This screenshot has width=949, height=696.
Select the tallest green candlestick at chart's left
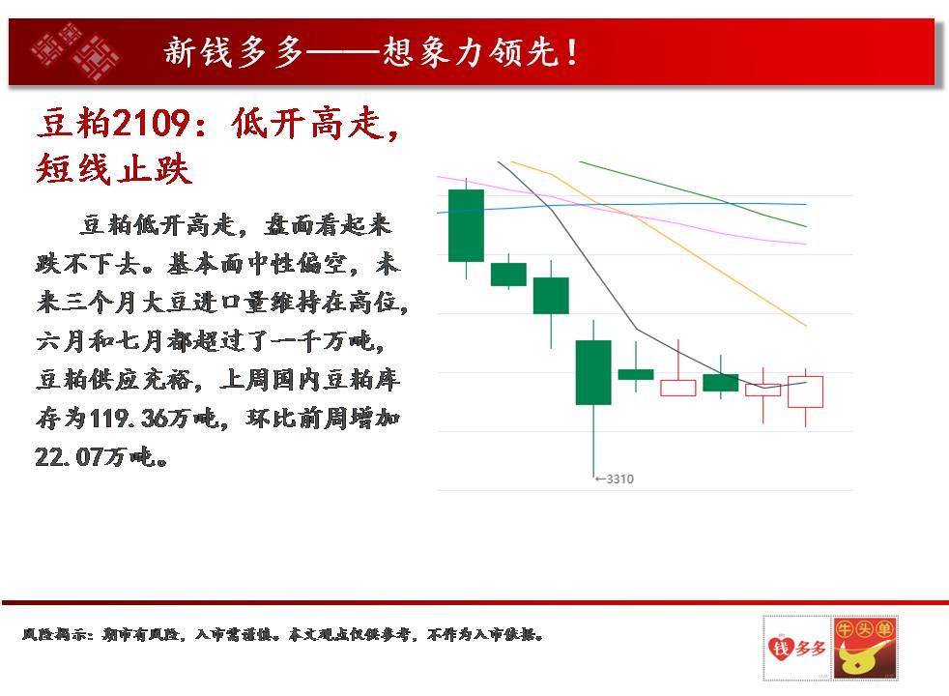466,225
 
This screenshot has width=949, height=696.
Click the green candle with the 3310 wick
593,372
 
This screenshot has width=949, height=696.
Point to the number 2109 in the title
152,123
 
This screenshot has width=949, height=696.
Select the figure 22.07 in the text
68,457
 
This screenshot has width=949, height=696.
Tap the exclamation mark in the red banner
571,52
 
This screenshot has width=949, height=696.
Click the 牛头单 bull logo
865,649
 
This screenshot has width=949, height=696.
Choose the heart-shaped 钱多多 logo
797,649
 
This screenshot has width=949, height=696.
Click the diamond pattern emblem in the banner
75,51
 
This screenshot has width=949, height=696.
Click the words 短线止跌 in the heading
114,168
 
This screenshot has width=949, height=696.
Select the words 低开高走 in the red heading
307,123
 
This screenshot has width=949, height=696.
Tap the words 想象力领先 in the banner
471,52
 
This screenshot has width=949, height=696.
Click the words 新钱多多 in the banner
233,52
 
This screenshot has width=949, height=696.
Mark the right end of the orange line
806,326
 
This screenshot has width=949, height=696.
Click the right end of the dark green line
806,226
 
